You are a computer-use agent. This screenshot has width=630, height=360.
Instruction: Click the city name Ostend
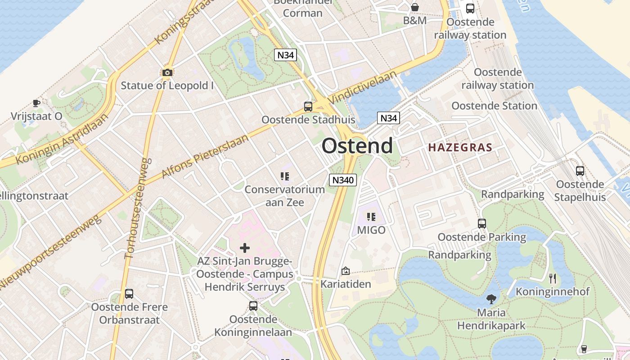click(x=357, y=146)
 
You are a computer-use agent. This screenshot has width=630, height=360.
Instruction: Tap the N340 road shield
click(x=343, y=180)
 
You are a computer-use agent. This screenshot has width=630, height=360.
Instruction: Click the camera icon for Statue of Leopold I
click(x=167, y=72)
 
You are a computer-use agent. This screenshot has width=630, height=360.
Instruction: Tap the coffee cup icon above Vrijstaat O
click(x=36, y=103)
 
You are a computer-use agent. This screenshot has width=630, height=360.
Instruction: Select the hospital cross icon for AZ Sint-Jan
click(x=245, y=248)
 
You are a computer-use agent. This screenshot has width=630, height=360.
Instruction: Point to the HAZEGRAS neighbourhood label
click(x=460, y=147)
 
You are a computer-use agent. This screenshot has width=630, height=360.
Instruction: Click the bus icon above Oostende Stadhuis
click(x=308, y=107)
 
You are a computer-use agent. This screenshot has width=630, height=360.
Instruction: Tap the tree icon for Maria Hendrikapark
click(x=491, y=299)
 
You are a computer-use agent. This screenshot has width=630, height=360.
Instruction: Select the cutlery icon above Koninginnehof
click(x=553, y=279)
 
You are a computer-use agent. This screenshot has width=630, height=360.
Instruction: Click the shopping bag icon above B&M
click(x=414, y=8)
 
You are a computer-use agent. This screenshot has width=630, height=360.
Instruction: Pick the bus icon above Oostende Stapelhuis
click(x=580, y=171)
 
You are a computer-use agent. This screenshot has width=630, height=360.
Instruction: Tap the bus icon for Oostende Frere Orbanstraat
click(x=129, y=294)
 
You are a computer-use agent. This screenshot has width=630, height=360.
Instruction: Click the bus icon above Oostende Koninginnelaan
click(x=253, y=306)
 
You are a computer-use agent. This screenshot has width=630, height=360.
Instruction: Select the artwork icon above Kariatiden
click(x=346, y=271)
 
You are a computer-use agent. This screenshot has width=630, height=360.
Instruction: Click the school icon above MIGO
click(x=371, y=217)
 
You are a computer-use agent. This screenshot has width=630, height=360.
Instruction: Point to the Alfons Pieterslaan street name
click(x=204, y=156)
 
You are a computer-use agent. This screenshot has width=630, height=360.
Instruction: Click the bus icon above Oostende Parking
click(x=482, y=223)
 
